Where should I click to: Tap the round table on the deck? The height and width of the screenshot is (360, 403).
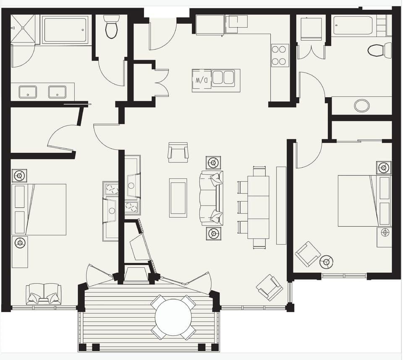pyautogui.click(x=173, y=317)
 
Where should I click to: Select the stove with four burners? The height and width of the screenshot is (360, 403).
pyautogui.click(x=280, y=55)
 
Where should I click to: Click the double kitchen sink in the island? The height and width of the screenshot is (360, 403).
pyautogui.click(x=223, y=78)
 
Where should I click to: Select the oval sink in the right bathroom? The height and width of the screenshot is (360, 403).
pyautogui.click(x=362, y=105)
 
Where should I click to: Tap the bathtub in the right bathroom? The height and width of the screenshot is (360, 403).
pyautogui.click(x=353, y=26)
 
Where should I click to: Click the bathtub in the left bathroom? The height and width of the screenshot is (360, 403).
pyautogui.click(x=65, y=30)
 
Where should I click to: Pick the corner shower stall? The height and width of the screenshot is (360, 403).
pyautogui.click(x=23, y=29)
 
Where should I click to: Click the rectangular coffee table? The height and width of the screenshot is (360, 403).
pyautogui.click(x=178, y=198)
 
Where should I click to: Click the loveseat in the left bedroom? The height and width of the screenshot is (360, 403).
pyautogui.click(x=44, y=294)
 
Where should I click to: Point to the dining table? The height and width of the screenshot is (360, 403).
pyautogui.click(x=258, y=207)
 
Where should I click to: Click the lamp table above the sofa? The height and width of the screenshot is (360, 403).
pyautogui.click(x=214, y=162)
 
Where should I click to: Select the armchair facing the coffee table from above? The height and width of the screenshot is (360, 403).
pyautogui.click(x=178, y=152)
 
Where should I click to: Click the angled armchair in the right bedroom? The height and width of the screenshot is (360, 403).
pyautogui.click(x=307, y=253)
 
